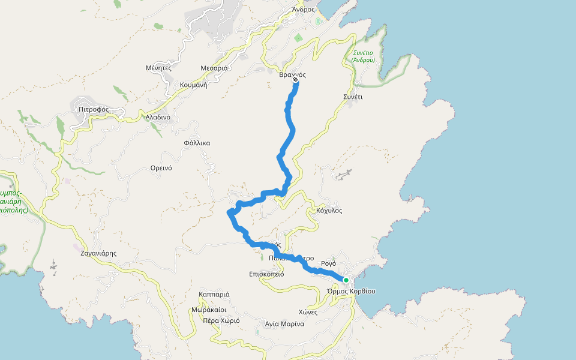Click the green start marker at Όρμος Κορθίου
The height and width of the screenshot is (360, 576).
tap(346, 280)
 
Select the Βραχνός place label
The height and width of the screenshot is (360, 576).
tap(293, 75)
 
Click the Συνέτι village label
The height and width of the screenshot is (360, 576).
tap(353, 97)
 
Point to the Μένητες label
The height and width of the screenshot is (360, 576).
tap(158, 68)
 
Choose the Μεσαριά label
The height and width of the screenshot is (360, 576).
tap(214, 68)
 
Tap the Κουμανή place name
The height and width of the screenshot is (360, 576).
tap(193, 85)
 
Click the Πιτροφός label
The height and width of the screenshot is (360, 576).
tap(93, 109)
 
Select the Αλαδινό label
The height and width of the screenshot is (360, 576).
tap(158, 117)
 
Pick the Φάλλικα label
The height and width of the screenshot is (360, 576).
tap(197, 143)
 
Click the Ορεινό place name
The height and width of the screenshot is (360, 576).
tap(161, 168)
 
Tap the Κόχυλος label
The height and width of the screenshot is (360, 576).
tap(329, 211)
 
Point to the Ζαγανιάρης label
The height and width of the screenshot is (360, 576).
tap(98, 253)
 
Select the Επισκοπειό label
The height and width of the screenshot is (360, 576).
tap(266, 274)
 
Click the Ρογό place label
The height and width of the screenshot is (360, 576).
tap(328, 263)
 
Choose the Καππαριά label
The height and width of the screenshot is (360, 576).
tap(214, 295)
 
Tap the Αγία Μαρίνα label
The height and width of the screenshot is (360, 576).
tap(284, 324)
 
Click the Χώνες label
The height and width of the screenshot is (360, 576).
tap(308, 312)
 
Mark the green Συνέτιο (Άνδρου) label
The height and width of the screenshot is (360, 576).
tap(363, 56)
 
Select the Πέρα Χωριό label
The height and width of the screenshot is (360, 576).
tap(221, 320)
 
